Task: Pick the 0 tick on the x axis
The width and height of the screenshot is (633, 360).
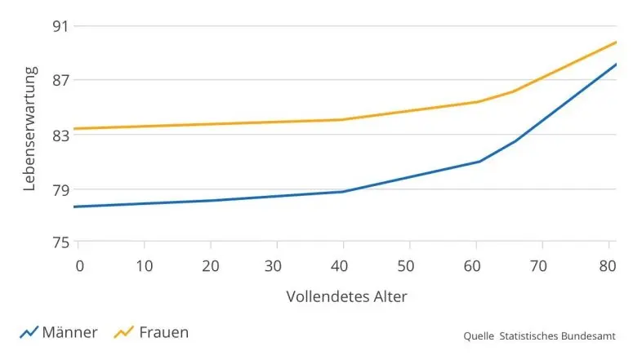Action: coord(79,265)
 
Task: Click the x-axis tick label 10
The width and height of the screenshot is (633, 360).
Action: coord(144,265)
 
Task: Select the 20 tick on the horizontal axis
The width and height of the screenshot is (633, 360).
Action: coord(211,265)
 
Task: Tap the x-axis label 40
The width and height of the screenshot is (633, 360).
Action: coord(342,265)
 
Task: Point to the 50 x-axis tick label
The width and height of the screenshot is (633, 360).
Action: coord(409,265)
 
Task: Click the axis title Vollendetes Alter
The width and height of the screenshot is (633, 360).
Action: coord(346,296)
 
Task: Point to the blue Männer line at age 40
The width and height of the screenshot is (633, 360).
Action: coord(343,192)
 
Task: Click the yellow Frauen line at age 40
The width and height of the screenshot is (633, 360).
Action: coord(343,120)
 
